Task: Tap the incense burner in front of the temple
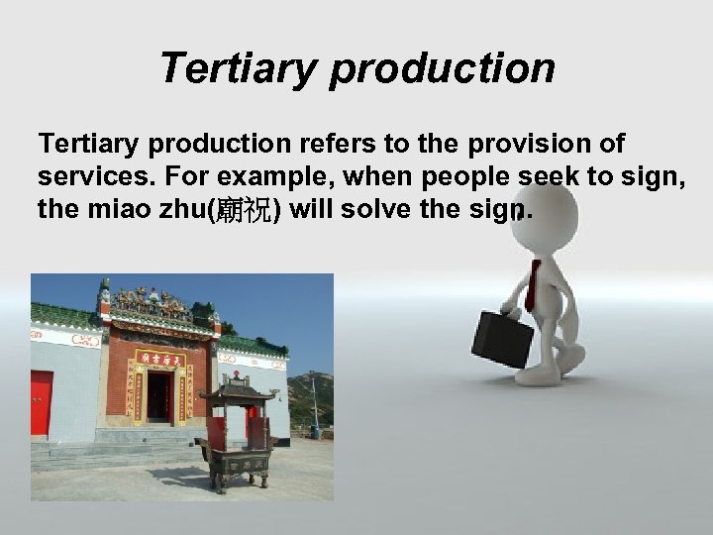[236, 436]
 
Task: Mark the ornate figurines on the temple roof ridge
[153, 297]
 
